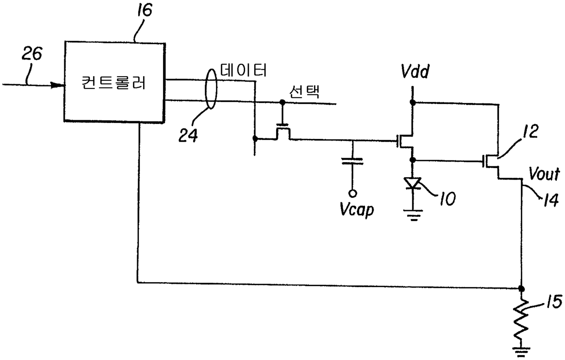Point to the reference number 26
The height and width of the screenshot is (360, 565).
coord(32,55)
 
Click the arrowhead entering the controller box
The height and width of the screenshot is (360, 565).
coord(58,85)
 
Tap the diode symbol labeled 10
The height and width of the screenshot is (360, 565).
coord(412,184)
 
